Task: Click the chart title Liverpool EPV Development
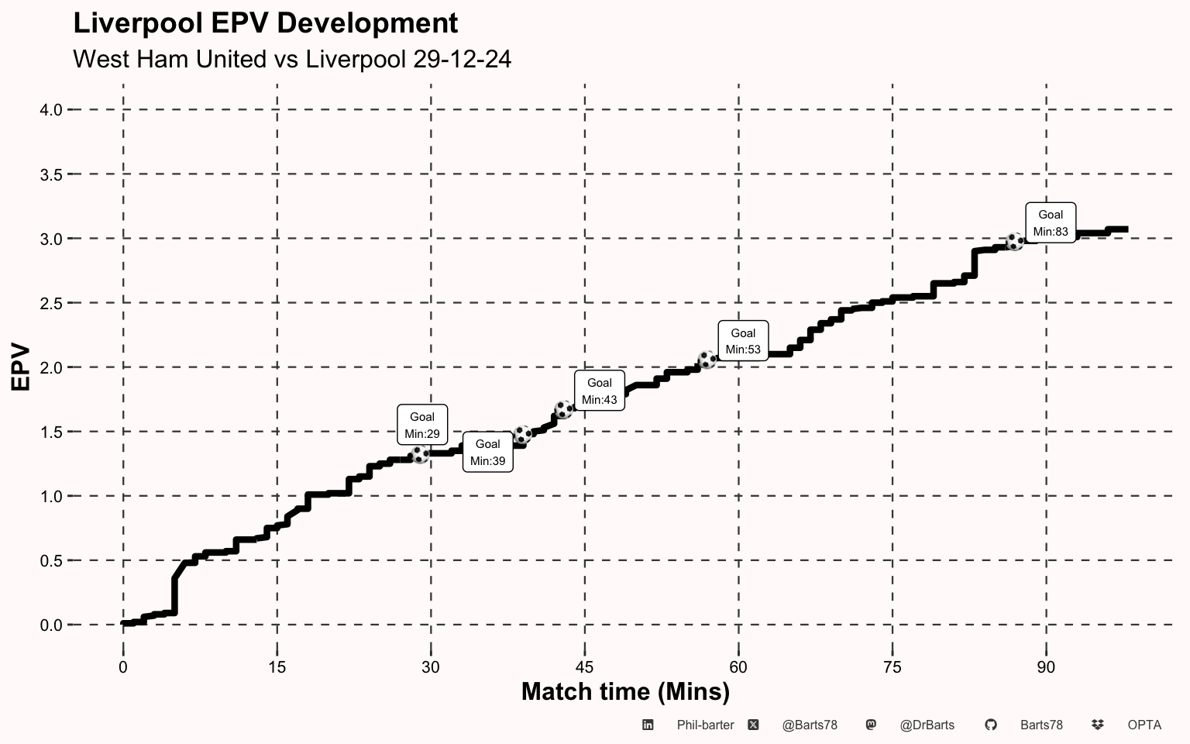[x=265, y=23]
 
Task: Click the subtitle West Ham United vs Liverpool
[x=291, y=59]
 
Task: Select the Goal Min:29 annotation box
[x=422, y=425]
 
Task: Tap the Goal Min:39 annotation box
[x=488, y=452]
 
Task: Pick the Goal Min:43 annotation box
[x=600, y=391]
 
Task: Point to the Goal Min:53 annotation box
[x=743, y=341]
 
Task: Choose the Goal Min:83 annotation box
[x=1051, y=222]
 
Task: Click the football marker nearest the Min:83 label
[x=1014, y=242]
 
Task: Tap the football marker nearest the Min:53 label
[x=707, y=360]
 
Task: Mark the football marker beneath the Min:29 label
[x=419, y=454]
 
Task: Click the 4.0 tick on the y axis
[x=51, y=110]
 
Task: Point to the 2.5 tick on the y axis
[x=51, y=303]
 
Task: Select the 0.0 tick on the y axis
[x=51, y=625]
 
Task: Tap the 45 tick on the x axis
[x=584, y=667]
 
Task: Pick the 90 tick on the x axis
[x=1046, y=667]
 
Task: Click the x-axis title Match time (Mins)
[x=625, y=691]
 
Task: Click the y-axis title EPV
[x=21, y=367]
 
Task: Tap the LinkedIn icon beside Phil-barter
[x=648, y=725]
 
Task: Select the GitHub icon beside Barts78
[x=990, y=725]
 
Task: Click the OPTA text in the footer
[x=1144, y=725]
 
